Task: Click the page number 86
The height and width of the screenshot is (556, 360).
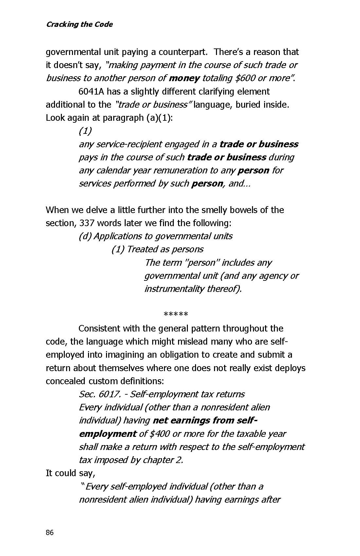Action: pyautogui.click(x=49, y=532)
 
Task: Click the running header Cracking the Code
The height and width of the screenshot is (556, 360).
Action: pyautogui.click(x=79, y=24)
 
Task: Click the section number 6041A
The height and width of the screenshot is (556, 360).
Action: pyautogui.click(x=91, y=91)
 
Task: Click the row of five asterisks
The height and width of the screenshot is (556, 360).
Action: pyautogui.click(x=176, y=315)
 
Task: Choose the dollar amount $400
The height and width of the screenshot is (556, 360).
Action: pyautogui.click(x=159, y=434)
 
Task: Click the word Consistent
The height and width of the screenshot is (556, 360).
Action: pyautogui.click(x=100, y=328)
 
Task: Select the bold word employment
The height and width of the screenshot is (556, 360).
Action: pyautogui.click(x=108, y=434)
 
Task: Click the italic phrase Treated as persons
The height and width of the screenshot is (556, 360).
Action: pyautogui.click(x=157, y=249)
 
